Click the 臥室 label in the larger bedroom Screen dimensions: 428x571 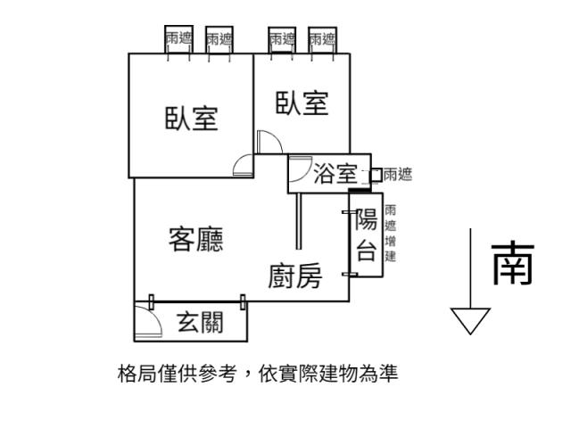click(x=191, y=118)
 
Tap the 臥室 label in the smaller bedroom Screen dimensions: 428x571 click(x=302, y=103)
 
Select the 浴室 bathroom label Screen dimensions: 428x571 click(x=335, y=175)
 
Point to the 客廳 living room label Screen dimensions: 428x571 click(x=195, y=239)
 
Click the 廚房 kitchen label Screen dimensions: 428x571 click(x=294, y=278)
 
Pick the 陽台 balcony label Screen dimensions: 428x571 click(x=366, y=235)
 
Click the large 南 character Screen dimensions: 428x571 click(x=513, y=264)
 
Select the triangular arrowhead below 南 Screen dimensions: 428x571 click(x=470, y=319)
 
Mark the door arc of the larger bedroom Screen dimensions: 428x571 click(x=241, y=166)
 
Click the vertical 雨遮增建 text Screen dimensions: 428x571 click(x=390, y=234)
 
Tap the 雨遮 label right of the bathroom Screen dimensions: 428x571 click(x=397, y=176)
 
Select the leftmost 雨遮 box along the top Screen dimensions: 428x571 click(x=178, y=38)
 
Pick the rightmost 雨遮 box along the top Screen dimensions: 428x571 click(x=322, y=38)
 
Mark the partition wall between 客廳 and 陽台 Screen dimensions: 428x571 click(x=298, y=220)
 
